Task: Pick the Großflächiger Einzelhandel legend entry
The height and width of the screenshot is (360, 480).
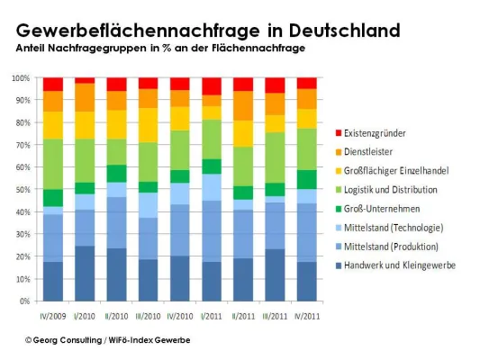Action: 397,170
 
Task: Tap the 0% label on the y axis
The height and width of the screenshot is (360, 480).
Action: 26,301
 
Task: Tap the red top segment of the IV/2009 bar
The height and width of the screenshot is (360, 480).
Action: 53,84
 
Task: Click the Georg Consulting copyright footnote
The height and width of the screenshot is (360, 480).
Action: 107,339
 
